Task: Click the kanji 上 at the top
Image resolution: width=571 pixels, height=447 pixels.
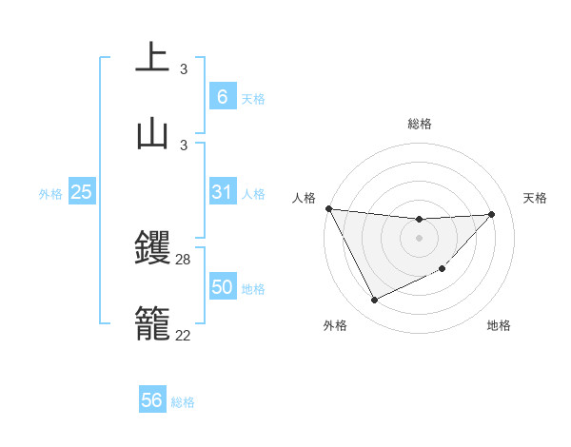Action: click(153, 58)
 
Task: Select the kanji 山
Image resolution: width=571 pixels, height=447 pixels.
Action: click(153, 133)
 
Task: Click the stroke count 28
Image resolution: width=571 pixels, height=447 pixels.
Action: click(184, 259)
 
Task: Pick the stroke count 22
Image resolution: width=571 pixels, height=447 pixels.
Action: click(184, 335)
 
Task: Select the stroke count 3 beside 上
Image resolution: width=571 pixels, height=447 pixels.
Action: click(184, 69)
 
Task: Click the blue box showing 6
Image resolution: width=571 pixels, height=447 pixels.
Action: click(222, 97)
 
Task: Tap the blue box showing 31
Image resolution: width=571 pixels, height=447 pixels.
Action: click(222, 192)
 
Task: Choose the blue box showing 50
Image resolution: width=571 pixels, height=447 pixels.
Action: click(222, 287)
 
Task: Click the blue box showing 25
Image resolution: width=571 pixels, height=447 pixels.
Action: click(81, 192)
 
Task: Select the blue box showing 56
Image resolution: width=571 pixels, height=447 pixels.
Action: click(151, 401)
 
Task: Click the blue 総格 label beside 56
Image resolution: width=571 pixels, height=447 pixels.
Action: click(183, 402)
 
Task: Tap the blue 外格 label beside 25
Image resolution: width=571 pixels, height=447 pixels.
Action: click(50, 194)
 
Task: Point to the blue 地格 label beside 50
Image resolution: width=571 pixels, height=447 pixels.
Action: click(253, 289)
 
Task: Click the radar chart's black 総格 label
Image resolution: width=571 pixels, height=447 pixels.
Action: click(419, 124)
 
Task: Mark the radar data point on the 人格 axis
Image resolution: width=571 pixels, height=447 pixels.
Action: click(328, 208)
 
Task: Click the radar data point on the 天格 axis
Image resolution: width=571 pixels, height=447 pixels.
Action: click(492, 214)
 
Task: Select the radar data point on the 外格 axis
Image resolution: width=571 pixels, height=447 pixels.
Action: click(374, 301)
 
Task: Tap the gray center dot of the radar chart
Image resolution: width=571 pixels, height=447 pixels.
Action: click(419, 238)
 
